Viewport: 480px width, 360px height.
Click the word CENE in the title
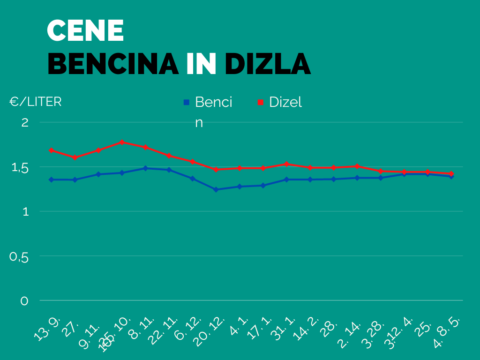point(86,31)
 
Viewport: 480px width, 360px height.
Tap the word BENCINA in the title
point(113,64)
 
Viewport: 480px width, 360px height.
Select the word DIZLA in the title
point(268,64)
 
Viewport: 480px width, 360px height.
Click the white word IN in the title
point(201,64)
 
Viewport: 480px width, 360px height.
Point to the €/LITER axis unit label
point(36,102)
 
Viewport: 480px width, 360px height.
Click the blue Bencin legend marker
point(186,102)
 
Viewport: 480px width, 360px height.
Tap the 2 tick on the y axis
point(25,122)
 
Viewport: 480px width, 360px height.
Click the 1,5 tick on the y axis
point(20,167)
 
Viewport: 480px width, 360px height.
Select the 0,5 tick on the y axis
point(20,256)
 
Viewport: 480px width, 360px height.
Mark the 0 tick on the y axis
point(24,301)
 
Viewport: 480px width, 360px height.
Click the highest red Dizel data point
point(122,142)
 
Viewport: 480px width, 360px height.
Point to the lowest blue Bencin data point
point(216,189)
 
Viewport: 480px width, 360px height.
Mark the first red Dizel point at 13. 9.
point(51,150)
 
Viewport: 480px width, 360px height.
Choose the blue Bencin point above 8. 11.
point(145,168)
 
